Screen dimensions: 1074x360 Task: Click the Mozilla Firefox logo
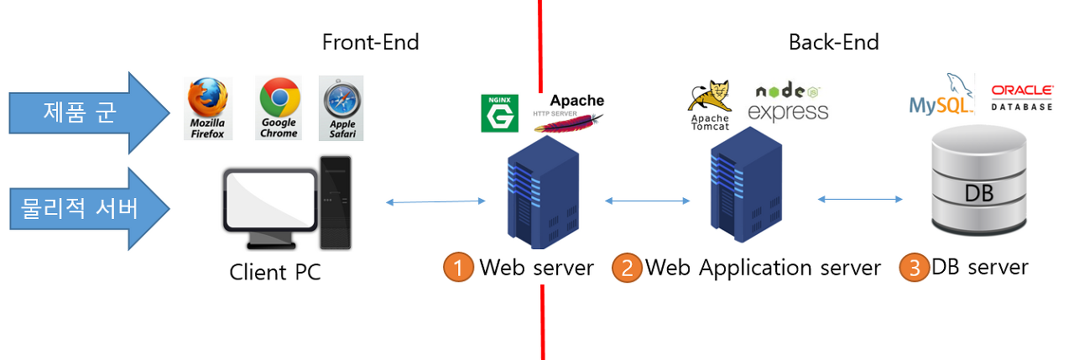pyautogui.click(x=208, y=108)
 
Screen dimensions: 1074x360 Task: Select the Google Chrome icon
pyautogui.click(x=279, y=108)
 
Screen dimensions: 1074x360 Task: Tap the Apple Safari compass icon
pyautogui.click(x=341, y=108)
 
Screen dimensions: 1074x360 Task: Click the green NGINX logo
pyautogui.click(x=499, y=113)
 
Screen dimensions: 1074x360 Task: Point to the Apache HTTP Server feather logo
pyautogui.click(x=569, y=113)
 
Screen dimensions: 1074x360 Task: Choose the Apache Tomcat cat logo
pyautogui.click(x=710, y=106)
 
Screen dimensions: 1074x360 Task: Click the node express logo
pyautogui.click(x=788, y=102)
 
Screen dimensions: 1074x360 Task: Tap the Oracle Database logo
pyautogui.click(x=1022, y=98)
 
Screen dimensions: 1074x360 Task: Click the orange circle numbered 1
pyautogui.click(x=458, y=267)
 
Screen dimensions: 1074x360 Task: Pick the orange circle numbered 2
pyautogui.click(x=627, y=268)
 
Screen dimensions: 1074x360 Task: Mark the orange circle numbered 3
pyautogui.click(x=914, y=268)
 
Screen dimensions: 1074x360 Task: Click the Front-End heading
pyautogui.click(x=371, y=42)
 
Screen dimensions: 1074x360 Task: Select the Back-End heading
pyautogui.click(x=834, y=42)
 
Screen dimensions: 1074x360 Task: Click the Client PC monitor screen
pyautogui.click(x=271, y=200)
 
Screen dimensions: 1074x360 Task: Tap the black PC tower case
pyautogui.click(x=336, y=202)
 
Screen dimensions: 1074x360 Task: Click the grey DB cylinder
pyautogui.click(x=979, y=180)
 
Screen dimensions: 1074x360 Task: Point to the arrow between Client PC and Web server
pyautogui.click(x=435, y=201)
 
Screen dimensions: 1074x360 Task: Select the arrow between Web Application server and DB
pyautogui.click(x=860, y=199)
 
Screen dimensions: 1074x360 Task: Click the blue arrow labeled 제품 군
pyautogui.click(x=89, y=113)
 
